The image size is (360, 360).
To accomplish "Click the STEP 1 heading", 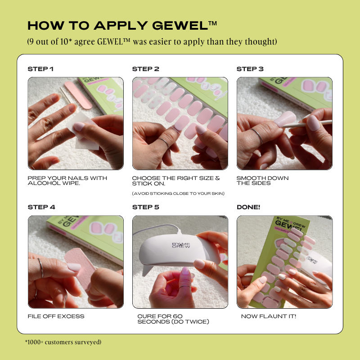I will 40,69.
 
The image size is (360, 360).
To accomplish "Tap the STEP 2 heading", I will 145,69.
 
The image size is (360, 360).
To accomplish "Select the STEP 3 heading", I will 250,69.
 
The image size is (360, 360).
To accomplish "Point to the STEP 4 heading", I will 41,207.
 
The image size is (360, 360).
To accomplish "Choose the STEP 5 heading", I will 145,207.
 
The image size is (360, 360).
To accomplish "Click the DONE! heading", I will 248,207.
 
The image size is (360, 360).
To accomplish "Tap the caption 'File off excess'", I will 56,316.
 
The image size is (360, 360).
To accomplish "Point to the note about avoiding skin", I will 178,193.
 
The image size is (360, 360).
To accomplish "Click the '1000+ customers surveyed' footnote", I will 63,342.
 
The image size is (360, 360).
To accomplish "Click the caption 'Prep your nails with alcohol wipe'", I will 67,180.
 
